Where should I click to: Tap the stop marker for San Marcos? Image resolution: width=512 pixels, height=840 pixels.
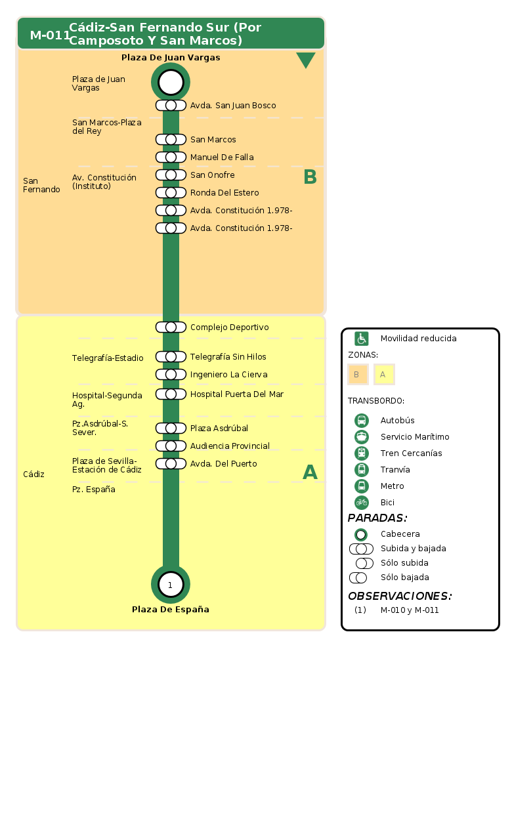click(171, 140)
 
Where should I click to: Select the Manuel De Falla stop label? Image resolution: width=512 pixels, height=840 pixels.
click(222, 157)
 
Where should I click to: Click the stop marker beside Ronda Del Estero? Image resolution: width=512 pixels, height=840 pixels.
click(171, 193)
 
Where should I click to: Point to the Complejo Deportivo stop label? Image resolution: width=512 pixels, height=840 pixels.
click(229, 327)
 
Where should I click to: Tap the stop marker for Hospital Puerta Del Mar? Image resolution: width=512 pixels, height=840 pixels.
click(171, 394)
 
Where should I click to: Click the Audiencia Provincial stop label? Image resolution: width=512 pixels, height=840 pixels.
click(230, 446)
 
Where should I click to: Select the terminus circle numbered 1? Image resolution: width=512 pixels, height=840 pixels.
click(171, 585)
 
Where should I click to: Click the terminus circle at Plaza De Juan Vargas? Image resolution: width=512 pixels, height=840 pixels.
click(171, 82)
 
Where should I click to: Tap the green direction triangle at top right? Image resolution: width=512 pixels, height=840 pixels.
click(306, 60)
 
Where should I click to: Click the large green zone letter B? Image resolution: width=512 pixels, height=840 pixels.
click(310, 177)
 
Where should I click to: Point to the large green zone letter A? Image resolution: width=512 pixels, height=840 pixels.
click(310, 472)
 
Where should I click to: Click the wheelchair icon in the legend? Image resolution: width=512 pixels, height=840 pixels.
click(362, 339)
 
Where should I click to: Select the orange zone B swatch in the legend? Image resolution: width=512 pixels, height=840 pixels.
click(358, 374)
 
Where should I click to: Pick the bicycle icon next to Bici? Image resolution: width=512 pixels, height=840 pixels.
click(362, 503)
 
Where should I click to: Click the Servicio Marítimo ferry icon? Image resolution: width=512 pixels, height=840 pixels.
click(362, 437)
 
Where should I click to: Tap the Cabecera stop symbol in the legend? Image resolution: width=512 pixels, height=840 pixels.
click(361, 534)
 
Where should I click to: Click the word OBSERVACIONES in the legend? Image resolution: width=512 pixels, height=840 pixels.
click(400, 597)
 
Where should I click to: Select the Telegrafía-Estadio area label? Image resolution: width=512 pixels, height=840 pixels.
click(108, 358)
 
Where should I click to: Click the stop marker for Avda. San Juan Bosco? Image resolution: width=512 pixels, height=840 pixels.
click(171, 106)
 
